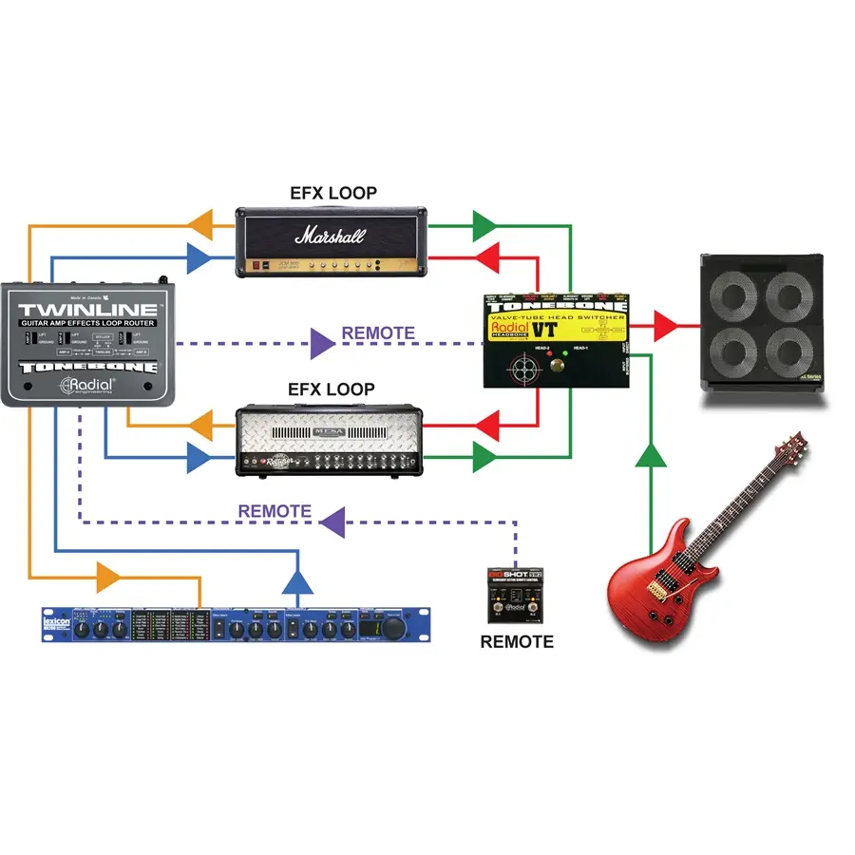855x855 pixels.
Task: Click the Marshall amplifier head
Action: click(329, 242)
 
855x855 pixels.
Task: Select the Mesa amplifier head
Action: click(329, 442)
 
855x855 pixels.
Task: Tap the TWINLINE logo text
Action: click(88, 310)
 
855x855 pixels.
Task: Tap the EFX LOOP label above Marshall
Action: click(332, 193)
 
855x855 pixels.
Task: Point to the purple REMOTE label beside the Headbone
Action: click(378, 333)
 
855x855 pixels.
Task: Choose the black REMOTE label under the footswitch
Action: click(516, 641)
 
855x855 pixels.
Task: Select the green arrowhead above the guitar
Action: click(651, 455)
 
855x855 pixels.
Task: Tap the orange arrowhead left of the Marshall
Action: click(199, 225)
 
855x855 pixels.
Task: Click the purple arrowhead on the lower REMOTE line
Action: click(332, 520)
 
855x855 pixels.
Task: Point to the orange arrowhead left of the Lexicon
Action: click(109, 575)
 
